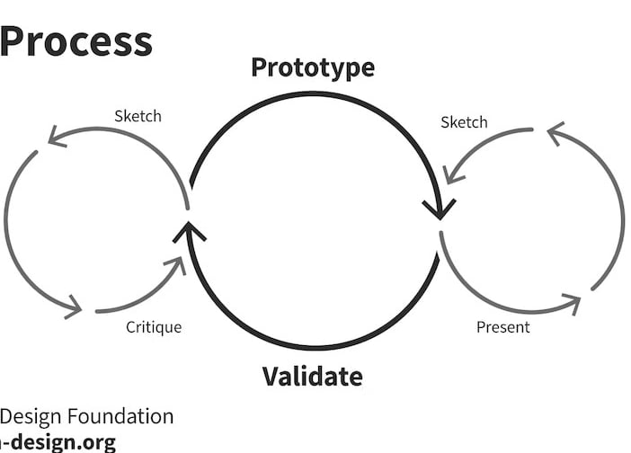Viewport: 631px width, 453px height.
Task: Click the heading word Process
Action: [76, 42]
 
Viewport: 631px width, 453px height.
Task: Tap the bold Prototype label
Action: [312, 67]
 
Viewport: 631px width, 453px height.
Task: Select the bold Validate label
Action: [312, 376]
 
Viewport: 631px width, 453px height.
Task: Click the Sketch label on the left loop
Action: [138, 116]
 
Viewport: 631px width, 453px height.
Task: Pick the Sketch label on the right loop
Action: [464, 122]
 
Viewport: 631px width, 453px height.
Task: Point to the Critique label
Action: [153, 327]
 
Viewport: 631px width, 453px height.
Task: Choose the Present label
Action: [502, 327]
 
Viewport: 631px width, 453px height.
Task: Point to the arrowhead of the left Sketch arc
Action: [56, 137]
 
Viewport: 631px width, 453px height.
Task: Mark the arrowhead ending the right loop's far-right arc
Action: [555, 133]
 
